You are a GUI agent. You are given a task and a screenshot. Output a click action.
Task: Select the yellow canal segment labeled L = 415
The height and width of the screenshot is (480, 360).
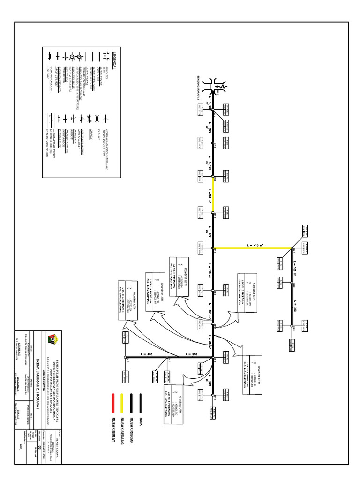coord(253,248)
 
